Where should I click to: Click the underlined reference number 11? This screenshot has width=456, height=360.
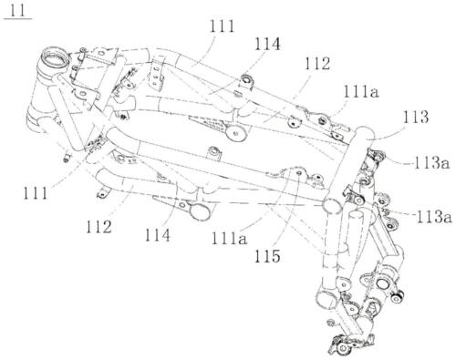click(x=18, y=11)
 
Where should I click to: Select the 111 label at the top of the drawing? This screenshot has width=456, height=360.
click(x=223, y=28)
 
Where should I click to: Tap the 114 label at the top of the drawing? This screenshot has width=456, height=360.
click(x=269, y=42)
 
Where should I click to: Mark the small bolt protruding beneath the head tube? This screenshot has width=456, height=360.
click(x=67, y=158)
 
